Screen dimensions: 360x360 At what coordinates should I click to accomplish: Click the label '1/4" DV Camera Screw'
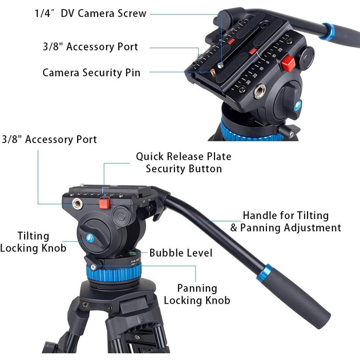coord(90,13)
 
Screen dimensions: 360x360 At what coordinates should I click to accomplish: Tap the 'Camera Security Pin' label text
coord(92,73)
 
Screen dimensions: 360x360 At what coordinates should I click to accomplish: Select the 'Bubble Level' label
coord(181,253)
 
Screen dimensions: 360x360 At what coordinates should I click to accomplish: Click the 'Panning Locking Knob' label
coord(197,294)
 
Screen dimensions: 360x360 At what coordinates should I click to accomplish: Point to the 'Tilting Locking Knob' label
coord(33,242)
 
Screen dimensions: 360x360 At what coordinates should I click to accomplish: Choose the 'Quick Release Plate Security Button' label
coord(184,163)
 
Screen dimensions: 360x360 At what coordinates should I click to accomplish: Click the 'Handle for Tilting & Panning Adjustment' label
coord(285,222)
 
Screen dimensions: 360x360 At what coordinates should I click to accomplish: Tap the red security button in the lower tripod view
coord(104,204)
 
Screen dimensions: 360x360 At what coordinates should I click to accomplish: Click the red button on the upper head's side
coord(288,64)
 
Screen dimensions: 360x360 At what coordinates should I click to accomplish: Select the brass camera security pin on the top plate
coord(213,72)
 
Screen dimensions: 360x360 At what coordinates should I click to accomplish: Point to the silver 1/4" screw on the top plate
coord(221,65)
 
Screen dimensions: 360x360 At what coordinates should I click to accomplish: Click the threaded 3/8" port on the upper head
coord(260,92)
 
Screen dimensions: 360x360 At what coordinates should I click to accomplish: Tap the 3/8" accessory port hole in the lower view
coord(77,204)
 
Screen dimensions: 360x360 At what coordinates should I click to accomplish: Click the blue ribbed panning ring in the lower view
coord(114,273)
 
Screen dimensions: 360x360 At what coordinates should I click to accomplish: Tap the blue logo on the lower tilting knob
coord(90,238)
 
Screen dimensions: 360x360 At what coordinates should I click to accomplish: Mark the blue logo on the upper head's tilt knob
coord(298,106)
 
